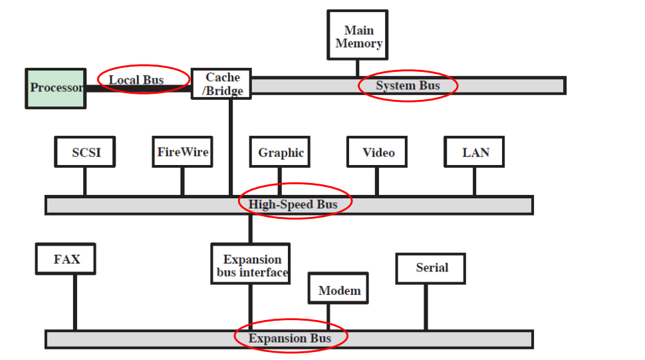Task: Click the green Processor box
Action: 56,88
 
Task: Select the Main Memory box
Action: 358,36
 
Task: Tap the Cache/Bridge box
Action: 221,84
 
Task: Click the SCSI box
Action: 84,152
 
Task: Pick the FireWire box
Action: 182,152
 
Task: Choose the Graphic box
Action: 281,152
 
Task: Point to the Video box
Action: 378,152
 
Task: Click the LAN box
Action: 475,152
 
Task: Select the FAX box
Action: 66,259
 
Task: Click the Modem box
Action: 338,289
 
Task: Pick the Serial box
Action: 431,268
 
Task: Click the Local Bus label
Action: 136,80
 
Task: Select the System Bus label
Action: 408,85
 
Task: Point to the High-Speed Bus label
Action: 293,204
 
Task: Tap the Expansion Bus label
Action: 290,339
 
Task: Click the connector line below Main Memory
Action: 358,68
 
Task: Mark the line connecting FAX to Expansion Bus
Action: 74,302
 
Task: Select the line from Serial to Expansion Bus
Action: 426,307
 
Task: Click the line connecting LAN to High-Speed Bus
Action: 474,181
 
